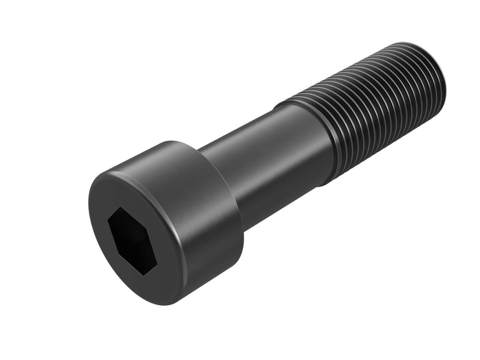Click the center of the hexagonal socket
132,241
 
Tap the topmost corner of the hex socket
119,207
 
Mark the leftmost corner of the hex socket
108,220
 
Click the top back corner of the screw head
176,142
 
